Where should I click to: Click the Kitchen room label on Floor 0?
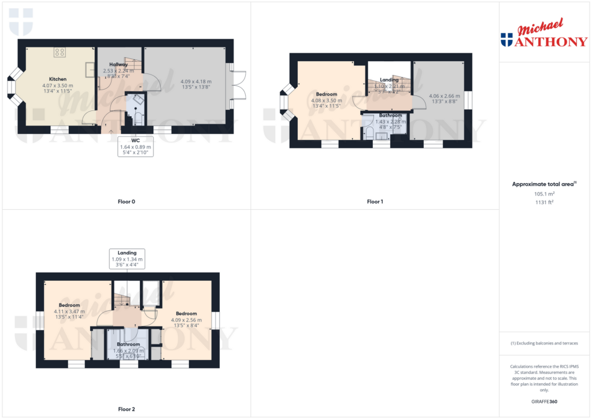pyautogui.click(x=57, y=79)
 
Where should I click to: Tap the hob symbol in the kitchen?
pyautogui.click(x=59, y=53)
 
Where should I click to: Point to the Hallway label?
pyautogui.click(x=119, y=64)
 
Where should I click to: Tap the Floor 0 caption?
pyautogui.click(x=126, y=202)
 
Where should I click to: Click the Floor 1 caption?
pyautogui.click(x=375, y=202)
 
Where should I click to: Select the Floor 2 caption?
pyautogui.click(x=126, y=409)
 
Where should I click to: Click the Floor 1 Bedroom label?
pyautogui.click(x=327, y=94)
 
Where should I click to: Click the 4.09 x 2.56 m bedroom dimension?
pyautogui.click(x=186, y=320)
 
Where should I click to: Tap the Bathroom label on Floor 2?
pyautogui.click(x=128, y=344)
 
